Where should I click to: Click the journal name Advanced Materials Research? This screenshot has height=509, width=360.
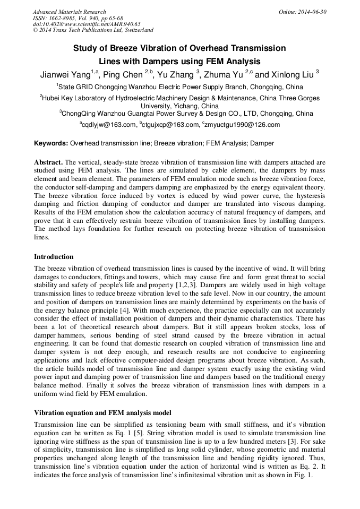click(69, 12)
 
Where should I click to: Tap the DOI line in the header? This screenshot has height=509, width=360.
click(86, 24)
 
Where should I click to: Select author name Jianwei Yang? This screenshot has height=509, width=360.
click(65, 75)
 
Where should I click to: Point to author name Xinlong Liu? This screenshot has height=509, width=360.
click(290, 75)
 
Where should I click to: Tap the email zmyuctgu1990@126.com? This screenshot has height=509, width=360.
click(242, 125)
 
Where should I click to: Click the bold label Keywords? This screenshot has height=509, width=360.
click(51, 143)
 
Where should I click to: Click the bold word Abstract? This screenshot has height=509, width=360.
click(48, 162)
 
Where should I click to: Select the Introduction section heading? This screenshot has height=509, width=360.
click(54, 256)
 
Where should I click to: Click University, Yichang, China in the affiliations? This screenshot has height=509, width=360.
click(179, 106)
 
